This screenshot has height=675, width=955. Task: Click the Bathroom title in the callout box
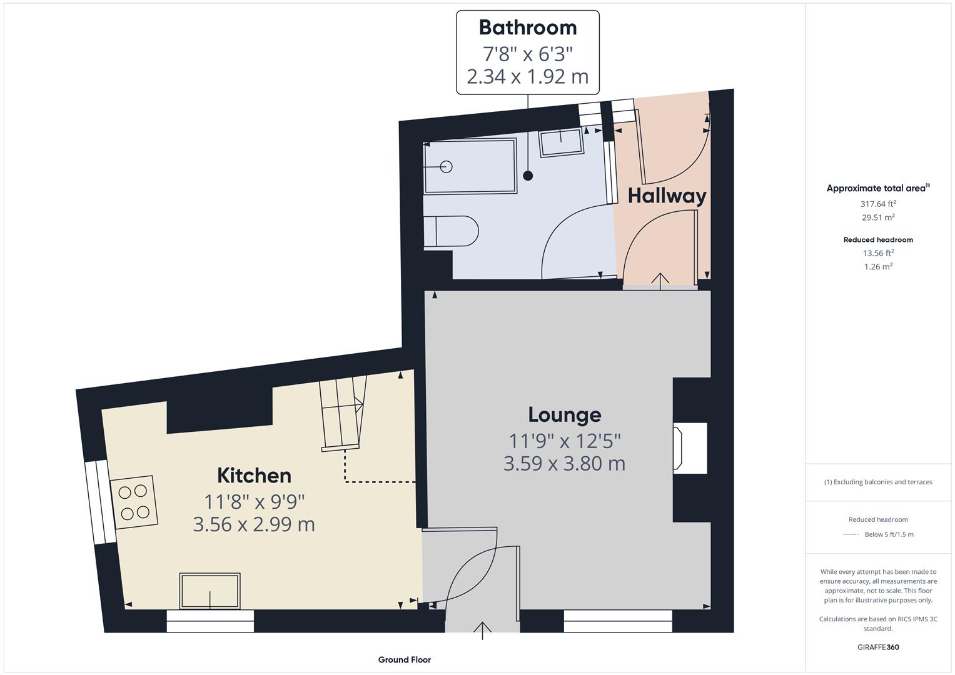point(528,27)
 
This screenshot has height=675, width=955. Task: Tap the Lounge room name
point(564,414)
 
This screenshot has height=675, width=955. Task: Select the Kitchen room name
point(254,475)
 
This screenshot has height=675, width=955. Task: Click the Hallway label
point(667,196)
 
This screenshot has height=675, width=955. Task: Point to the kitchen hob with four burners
point(134,502)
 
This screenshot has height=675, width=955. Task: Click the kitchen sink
point(210,591)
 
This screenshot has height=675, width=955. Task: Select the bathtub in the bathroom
point(470,166)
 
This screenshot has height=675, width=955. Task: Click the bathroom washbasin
point(561,142)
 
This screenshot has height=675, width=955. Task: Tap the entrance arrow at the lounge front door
point(483,630)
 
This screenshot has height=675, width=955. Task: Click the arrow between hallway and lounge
point(660,280)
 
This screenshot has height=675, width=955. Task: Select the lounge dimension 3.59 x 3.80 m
point(564,463)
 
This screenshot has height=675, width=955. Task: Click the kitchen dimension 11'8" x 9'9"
point(254,501)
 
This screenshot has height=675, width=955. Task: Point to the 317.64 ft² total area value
point(878,204)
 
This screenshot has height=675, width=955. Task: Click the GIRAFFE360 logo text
point(878,647)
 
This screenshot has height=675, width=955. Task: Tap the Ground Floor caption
point(404,659)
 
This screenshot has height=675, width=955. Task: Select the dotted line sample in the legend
point(851,534)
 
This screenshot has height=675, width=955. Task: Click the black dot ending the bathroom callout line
point(528,176)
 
